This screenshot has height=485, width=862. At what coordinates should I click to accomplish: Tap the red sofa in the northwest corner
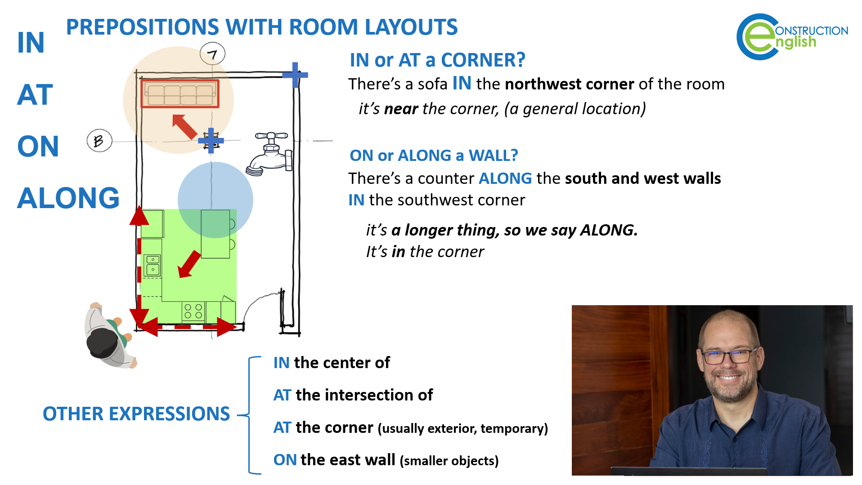coord(180,94)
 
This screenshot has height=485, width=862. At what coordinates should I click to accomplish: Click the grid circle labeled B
coord(99,141)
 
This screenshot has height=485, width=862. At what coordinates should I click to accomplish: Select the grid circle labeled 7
coord(212,54)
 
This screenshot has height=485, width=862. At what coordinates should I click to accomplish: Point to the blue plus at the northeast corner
coord(295,75)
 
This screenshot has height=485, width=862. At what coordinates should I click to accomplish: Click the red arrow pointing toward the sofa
coord(184,126)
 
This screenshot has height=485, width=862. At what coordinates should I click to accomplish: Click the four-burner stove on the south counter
coord(193,311)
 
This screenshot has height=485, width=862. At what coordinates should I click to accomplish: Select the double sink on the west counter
coord(153,265)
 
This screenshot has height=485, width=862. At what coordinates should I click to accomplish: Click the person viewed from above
coord(109,335)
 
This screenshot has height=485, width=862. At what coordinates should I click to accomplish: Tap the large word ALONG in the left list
coord(68,198)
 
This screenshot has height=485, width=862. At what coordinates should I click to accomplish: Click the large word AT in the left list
coord(35,95)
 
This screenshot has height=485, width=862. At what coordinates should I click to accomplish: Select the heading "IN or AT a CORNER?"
coord(437,60)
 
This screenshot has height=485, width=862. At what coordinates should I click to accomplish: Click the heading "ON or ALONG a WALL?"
coord(434,156)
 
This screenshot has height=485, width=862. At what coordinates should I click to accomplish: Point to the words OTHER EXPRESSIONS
coord(136,414)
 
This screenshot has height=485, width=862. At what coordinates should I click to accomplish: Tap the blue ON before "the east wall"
coord(285,460)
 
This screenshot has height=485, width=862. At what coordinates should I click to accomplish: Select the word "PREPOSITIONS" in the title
coord(144,27)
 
